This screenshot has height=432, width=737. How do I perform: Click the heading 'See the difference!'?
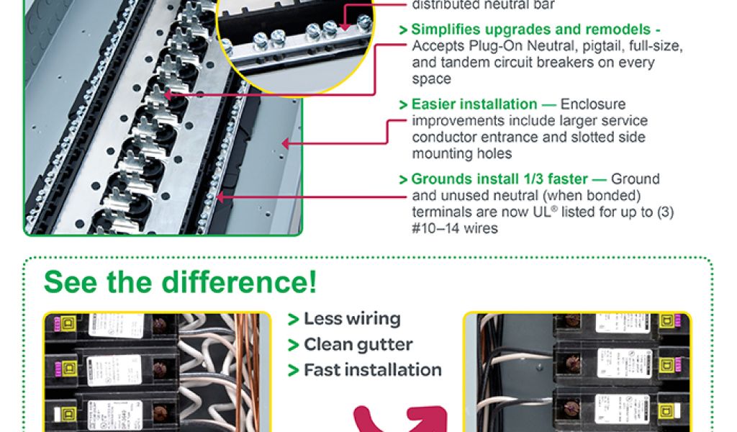click(x=180, y=281)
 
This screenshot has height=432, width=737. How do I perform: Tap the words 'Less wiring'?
click(x=352, y=319)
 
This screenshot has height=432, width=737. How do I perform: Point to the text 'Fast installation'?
click(x=372, y=370)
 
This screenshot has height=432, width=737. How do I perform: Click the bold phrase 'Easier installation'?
click(x=474, y=104)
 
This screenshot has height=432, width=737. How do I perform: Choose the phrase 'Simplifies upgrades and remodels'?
click(x=532, y=30)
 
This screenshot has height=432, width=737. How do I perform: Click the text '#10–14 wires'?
click(x=455, y=228)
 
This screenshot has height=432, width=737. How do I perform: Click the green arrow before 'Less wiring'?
click(x=293, y=319)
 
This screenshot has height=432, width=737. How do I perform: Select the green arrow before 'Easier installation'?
click(x=404, y=105)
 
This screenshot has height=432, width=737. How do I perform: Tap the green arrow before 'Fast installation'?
click(x=293, y=370)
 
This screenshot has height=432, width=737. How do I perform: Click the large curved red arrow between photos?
click(x=396, y=418)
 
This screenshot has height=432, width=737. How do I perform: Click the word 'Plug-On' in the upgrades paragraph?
click(x=489, y=46)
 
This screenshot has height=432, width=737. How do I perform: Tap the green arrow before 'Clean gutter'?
click(x=293, y=344)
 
